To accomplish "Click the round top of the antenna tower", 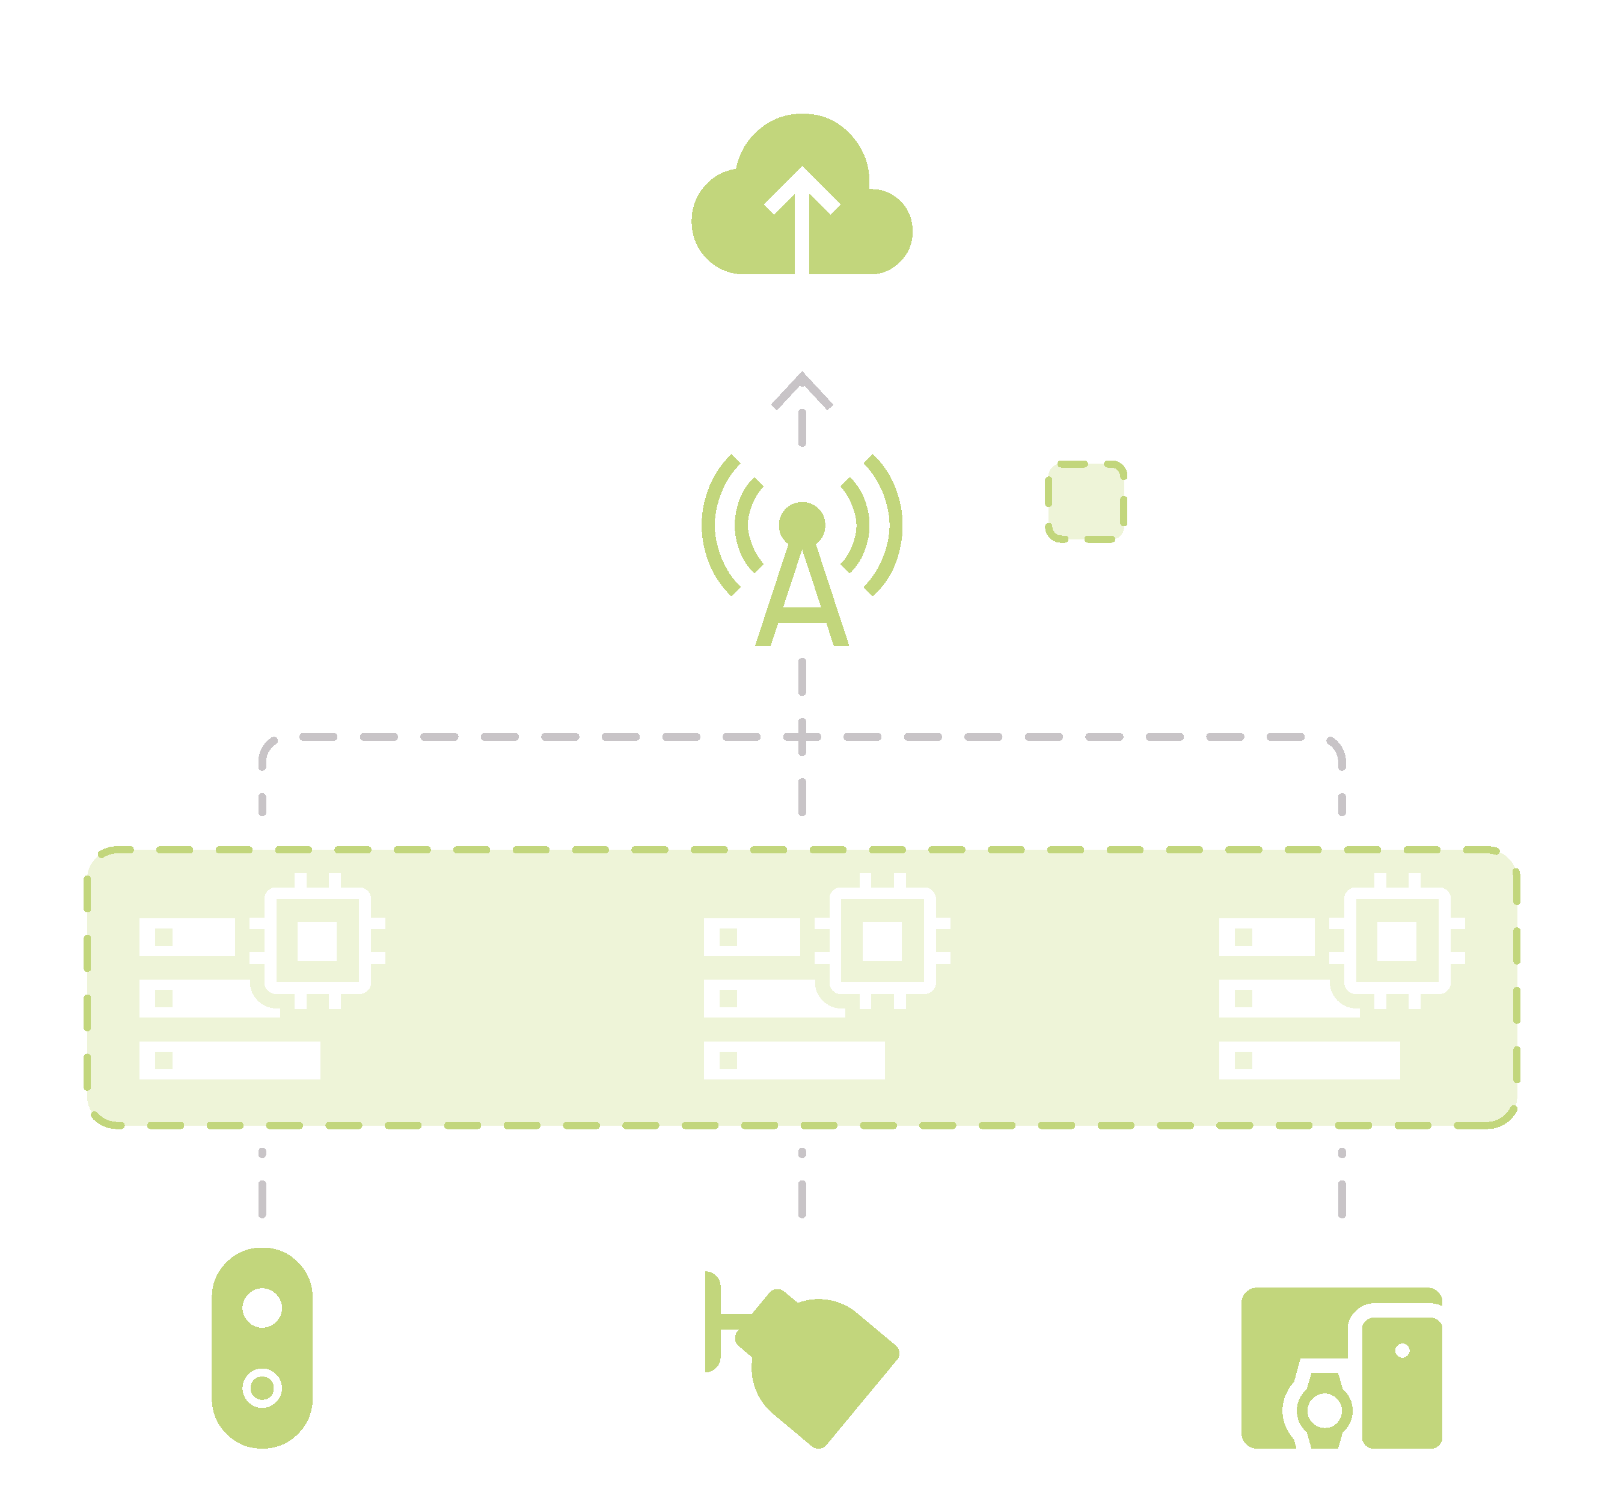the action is coord(801,525).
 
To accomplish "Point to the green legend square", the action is coord(1085,501).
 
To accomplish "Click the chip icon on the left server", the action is coord(317,941).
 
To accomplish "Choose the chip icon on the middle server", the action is coord(882,941).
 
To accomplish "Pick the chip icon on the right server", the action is coord(1397,941).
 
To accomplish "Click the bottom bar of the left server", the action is coord(230,1060).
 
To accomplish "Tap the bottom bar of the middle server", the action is coord(794,1060).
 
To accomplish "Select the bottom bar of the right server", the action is coord(1309,1060).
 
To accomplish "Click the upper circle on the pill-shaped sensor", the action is coord(262,1308).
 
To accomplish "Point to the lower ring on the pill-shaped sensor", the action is coord(262,1388).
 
